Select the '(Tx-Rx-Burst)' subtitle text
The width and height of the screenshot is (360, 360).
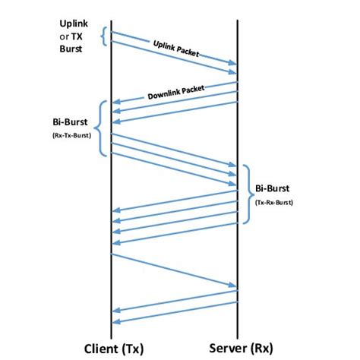pyautogui.click(x=274, y=202)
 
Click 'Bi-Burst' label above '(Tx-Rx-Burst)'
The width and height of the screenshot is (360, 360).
pyautogui.click(x=273, y=188)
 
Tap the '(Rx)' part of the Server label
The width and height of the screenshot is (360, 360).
pyautogui.click(x=258, y=349)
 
